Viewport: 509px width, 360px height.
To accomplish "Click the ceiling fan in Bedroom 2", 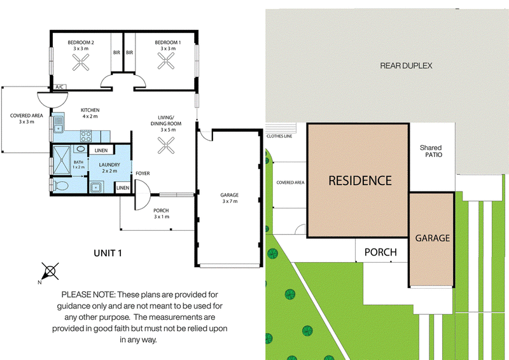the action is point(81,62).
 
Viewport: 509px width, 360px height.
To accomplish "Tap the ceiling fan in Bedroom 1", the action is point(166,61).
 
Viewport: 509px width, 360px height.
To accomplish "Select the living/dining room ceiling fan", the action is point(166,145).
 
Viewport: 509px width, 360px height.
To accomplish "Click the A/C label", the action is point(59,87).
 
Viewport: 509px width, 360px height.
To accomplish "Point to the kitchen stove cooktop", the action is point(86,135).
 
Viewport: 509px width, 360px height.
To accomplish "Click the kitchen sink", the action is point(58,125).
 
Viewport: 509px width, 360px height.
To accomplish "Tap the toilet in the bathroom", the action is point(60,186).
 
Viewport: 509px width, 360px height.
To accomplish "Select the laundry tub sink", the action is point(95,187).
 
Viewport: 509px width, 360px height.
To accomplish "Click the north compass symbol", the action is point(50,272).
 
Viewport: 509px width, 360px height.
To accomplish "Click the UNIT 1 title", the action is point(108,253).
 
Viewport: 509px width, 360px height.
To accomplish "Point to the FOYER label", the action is point(143,174).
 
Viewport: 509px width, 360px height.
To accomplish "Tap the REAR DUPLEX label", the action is point(406,66).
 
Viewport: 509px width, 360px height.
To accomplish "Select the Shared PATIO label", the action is point(431,151).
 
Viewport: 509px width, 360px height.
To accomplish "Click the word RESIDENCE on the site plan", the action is point(360,181).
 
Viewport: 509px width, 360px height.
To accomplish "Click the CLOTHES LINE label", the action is point(279,136).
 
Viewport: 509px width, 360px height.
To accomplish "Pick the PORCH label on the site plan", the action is point(380,253).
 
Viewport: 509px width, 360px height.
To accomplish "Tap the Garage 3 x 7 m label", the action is point(230,198).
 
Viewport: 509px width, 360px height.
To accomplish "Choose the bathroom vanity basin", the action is point(80,149).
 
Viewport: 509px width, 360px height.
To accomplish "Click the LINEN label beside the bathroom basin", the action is point(101,150).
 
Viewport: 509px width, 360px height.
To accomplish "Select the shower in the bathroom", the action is point(62,160).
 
